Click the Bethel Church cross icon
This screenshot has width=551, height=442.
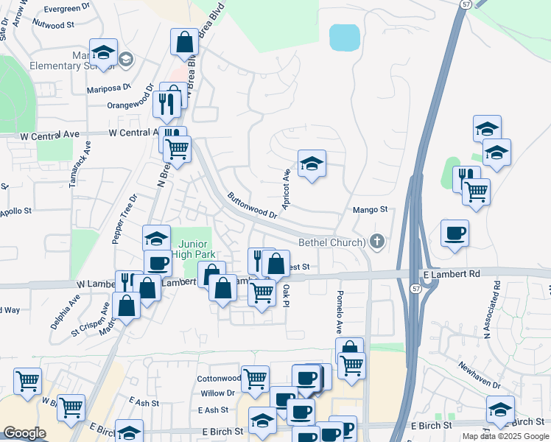[378, 242]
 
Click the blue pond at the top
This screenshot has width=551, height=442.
[344, 38]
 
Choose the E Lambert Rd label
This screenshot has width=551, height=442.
[452, 274]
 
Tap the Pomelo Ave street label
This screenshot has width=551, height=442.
[340, 309]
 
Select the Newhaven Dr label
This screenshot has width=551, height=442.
[479, 376]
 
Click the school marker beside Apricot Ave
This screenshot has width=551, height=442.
[312, 165]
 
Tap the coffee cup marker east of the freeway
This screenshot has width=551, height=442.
[455, 234]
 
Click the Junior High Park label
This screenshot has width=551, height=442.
[191, 249]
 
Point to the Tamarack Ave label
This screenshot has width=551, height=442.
[74, 165]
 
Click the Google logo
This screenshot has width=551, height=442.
[24, 433]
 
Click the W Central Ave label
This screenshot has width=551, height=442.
[134, 133]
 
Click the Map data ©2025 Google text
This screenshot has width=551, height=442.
[505, 436]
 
